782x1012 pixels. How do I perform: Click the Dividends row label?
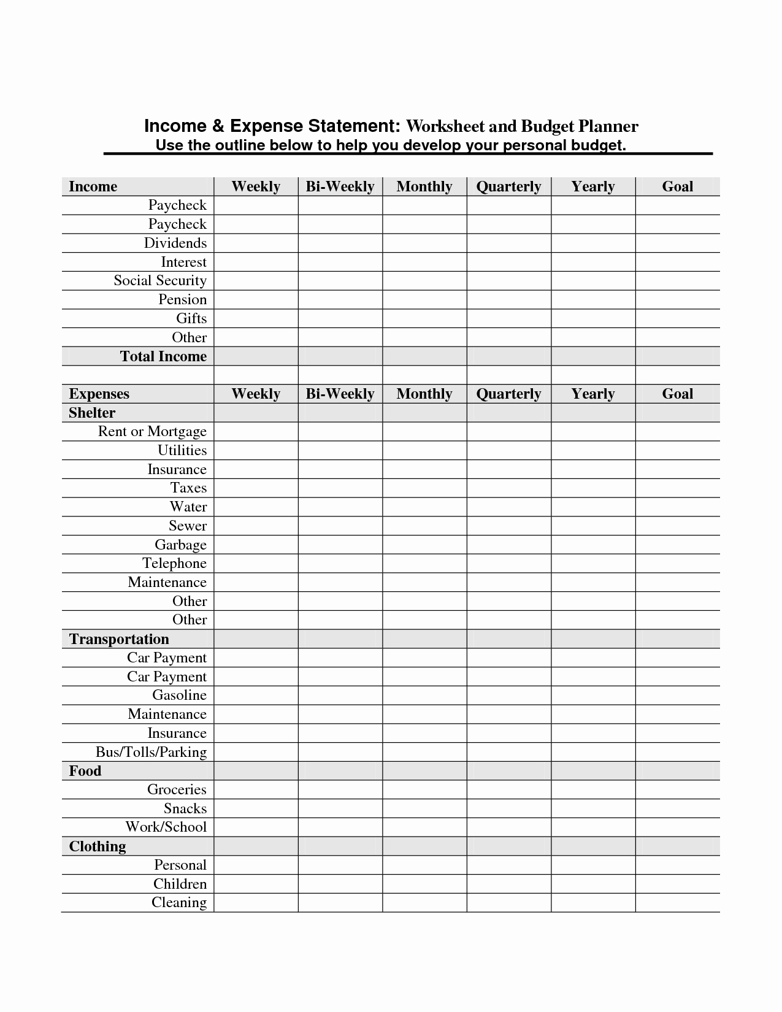(175, 243)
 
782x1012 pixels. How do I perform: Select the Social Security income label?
(160, 280)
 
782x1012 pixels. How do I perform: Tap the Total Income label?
(163, 356)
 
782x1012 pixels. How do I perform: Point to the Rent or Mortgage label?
(152, 431)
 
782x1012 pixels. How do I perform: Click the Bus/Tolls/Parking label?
(151, 752)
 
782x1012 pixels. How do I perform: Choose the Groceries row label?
(177, 789)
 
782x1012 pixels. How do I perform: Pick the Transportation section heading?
(119, 639)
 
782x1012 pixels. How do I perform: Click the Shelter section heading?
(92, 413)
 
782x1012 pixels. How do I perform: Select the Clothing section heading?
(98, 846)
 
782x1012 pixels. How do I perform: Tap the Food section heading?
(85, 771)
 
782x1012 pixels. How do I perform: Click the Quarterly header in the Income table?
(508, 186)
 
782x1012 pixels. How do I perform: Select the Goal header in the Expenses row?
(677, 394)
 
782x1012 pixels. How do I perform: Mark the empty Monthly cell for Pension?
(424, 299)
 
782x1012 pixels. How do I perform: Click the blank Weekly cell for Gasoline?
(256, 695)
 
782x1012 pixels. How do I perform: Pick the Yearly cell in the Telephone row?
(593, 563)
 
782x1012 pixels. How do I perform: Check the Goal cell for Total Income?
(677, 356)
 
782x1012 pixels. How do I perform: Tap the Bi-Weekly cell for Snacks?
(340, 808)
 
